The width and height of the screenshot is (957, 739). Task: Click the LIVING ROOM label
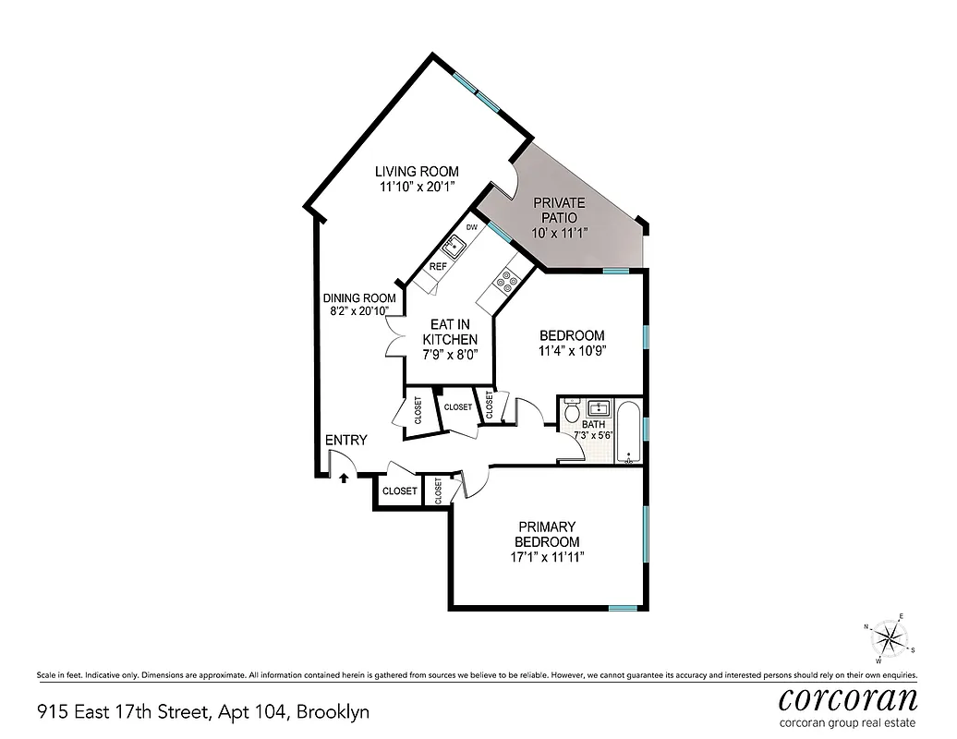pyautogui.click(x=416, y=171)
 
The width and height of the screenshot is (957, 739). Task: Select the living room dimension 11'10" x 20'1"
pyautogui.click(x=416, y=187)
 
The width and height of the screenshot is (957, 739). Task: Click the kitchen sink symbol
pyautogui.click(x=454, y=247)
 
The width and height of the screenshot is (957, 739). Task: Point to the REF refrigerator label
pyautogui.click(x=438, y=267)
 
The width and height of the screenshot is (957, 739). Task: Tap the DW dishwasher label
pyautogui.click(x=471, y=227)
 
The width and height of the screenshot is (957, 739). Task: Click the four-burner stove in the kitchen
pyautogui.click(x=507, y=281)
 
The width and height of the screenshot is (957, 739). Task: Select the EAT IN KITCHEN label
pyautogui.click(x=450, y=333)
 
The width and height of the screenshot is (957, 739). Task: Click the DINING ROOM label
pyautogui.click(x=359, y=297)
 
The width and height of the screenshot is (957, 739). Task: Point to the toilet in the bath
pyautogui.click(x=572, y=409)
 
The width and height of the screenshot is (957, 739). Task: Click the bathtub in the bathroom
pyautogui.click(x=630, y=431)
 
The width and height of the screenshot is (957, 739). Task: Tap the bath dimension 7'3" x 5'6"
pyautogui.click(x=594, y=434)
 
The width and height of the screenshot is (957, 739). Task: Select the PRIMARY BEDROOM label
pyautogui.click(x=547, y=534)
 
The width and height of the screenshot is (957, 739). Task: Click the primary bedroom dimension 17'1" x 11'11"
pyautogui.click(x=547, y=557)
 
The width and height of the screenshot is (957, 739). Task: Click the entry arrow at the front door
pyautogui.click(x=344, y=478)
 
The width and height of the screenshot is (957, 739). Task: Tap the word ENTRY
pyautogui.click(x=345, y=441)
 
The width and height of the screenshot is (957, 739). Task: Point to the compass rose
pyautogui.click(x=889, y=636)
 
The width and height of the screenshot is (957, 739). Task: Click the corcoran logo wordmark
pyautogui.click(x=848, y=697)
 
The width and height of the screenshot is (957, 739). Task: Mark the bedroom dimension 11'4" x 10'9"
pyautogui.click(x=572, y=351)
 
